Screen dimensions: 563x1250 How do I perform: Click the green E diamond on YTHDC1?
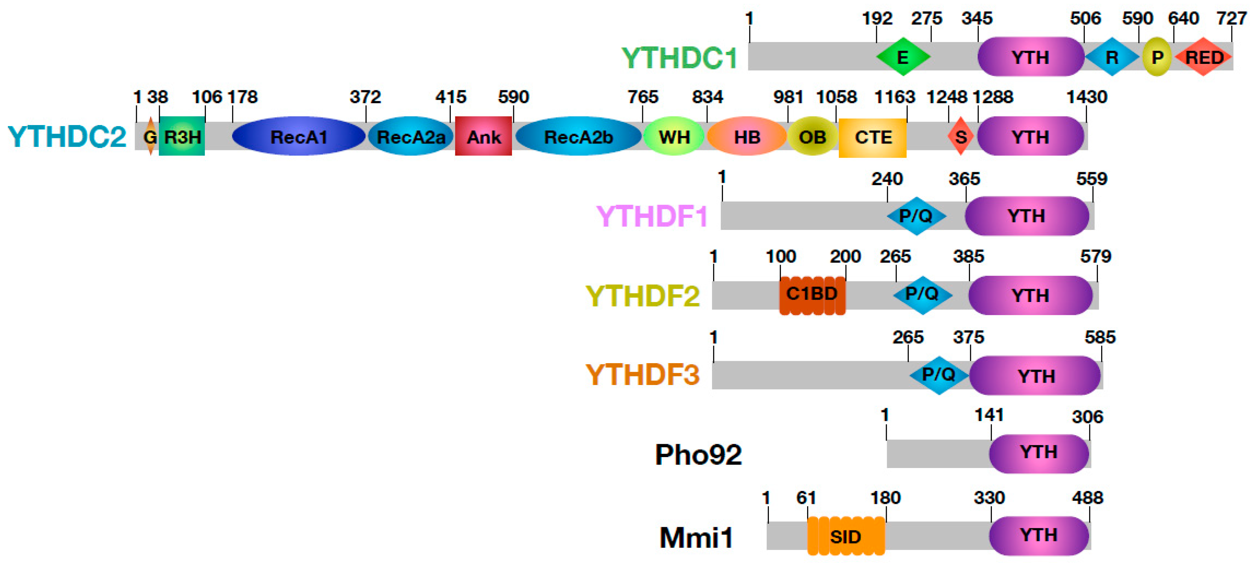pos(903,57)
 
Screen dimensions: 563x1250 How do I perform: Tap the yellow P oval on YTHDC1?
pos(1157,57)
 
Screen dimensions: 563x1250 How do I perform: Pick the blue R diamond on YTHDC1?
pos(1112,57)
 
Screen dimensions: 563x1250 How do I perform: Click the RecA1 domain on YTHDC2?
pos(299,136)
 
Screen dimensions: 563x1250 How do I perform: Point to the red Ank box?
pos(483,136)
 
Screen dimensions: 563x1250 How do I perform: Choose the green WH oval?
pos(674,136)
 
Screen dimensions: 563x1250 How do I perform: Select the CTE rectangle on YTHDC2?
pos(872,137)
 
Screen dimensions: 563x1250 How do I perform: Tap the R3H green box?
pos(182,136)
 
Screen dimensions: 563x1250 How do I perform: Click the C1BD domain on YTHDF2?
pos(812,294)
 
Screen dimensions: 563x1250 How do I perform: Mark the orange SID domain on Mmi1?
pos(845,536)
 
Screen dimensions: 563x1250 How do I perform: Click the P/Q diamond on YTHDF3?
pos(938,374)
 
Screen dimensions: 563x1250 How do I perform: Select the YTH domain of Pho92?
pos(1038,452)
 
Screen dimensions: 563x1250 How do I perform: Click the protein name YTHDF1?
pos(652,216)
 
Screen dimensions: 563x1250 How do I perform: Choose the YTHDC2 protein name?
pos(67,136)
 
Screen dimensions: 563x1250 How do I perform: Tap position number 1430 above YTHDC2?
pos(1086,97)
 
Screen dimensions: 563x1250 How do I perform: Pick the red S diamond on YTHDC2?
pos(960,136)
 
